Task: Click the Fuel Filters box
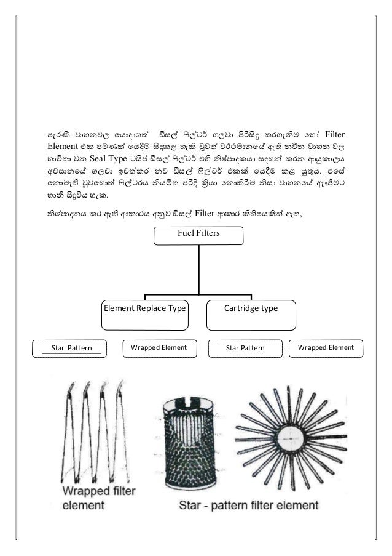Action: pyautogui.click(x=198, y=235)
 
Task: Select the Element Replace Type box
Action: pyautogui.click(x=144, y=308)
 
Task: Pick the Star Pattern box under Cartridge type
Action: pyautogui.click(x=245, y=348)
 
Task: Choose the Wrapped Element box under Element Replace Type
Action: pyautogui.click(x=159, y=348)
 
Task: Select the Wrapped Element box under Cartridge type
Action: pyautogui.click(x=326, y=348)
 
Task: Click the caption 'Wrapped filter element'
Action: pyautogui.click(x=101, y=499)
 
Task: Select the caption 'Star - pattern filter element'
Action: pyautogui.click(x=248, y=505)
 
